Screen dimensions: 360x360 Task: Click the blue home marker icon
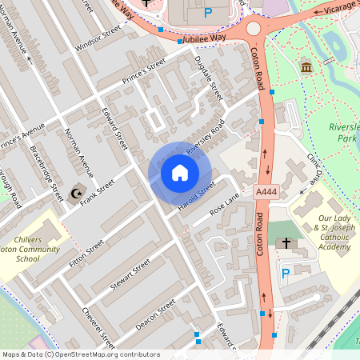pos(180,173)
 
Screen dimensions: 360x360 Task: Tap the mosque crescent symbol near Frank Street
pos(78,193)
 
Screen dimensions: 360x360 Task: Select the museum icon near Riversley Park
pos(306,67)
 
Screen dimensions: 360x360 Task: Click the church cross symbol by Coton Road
pos(285,243)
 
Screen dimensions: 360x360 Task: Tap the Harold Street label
pos(197,198)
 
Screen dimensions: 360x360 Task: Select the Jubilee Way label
pos(204,38)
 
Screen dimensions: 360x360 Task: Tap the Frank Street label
pos(98,192)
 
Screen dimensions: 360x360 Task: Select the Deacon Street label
pos(155,314)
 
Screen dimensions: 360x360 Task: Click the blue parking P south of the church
pos(286,274)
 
